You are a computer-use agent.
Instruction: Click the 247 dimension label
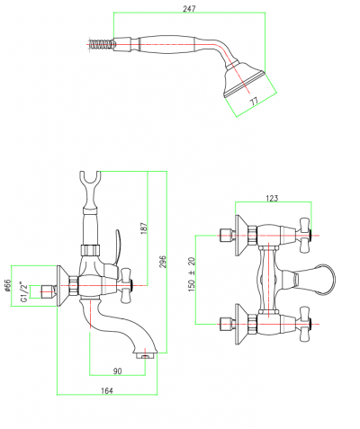[x=189, y=9]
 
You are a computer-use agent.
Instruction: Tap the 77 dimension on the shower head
[x=254, y=101]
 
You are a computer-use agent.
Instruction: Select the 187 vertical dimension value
[x=144, y=228]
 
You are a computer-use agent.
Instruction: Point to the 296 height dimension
[x=162, y=262]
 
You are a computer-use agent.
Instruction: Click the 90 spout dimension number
[x=118, y=371]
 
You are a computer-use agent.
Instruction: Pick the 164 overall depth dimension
[x=107, y=390]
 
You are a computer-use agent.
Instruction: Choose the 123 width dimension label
[x=272, y=198]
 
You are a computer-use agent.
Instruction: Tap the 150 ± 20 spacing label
[x=192, y=274]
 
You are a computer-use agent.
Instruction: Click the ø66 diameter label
[x=7, y=286]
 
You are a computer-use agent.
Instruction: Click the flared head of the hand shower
[x=245, y=79]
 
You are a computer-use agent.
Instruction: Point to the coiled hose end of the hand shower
[x=101, y=45]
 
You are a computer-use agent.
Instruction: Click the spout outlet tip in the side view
[x=145, y=355]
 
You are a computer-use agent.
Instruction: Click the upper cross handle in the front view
[x=303, y=235]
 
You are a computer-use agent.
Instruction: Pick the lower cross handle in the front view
[x=303, y=324]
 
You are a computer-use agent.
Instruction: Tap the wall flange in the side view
[x=62, y=286]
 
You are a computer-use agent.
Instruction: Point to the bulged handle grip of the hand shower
[x=166, y=45]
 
